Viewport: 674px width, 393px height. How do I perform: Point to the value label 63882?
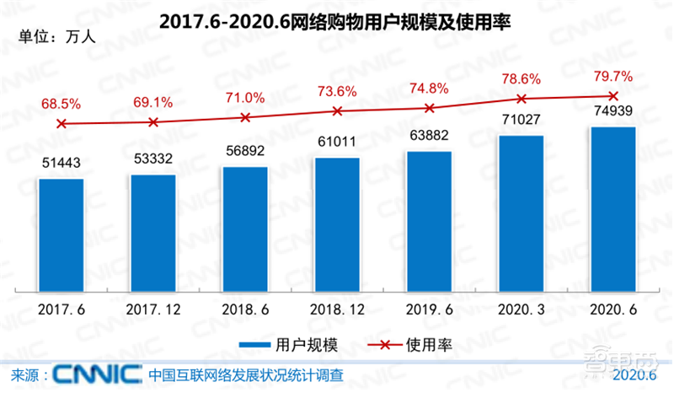coord(429,137)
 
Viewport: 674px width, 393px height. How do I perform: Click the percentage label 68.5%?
coord(62,104)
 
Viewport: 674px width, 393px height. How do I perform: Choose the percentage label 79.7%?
coord(613,78)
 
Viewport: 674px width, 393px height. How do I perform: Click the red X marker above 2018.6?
coord(245,118)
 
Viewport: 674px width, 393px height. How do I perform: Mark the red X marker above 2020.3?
coord(521,99)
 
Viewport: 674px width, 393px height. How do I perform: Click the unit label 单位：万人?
coord(48,37)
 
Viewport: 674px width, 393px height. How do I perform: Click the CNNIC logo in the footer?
coord(97,374)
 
